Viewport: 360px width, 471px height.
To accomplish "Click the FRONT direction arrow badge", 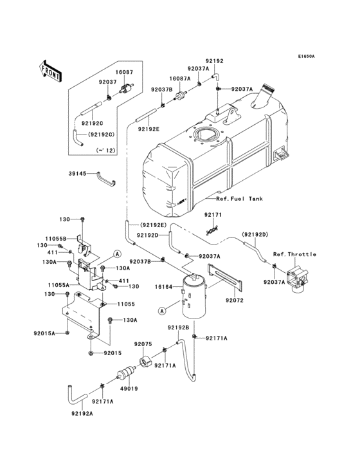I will coord(51,71).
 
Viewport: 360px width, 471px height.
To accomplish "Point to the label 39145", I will coord(77,173).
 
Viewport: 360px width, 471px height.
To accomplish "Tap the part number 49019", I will coord(129,389).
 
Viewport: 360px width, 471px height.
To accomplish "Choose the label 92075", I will coord(142,344).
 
